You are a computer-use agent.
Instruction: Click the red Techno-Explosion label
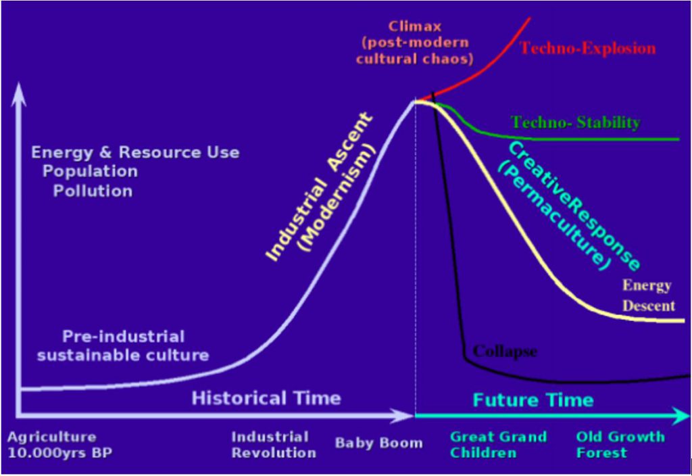[x=587, y=48]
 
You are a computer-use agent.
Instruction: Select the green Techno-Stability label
[x=575, y=122]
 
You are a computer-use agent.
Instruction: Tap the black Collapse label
[x=505, y=352]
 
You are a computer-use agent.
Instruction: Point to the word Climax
[x=414, y=26]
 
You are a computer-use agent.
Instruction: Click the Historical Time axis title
[x=266, y=398]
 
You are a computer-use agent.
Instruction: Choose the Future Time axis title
[x=533, y=400]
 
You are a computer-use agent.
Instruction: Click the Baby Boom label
[x=378, y=443]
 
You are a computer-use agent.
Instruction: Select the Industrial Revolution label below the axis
[x=274, y=445]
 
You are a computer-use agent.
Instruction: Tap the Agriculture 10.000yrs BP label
[x=59, y=445]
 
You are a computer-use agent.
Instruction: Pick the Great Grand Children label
[x=498, y=445]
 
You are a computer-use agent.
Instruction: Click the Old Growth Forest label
[x=620, y=445]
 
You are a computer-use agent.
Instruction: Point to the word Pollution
[x=93, y=191]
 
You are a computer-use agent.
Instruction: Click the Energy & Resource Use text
[x=135, y=152]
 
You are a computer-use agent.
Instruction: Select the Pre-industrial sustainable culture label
[x=123, y=346]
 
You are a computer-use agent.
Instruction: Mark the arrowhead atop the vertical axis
[x=18, y=95]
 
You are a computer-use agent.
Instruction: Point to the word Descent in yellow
[x=649, y=306]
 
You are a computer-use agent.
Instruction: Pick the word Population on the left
[x=90, y=172]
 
